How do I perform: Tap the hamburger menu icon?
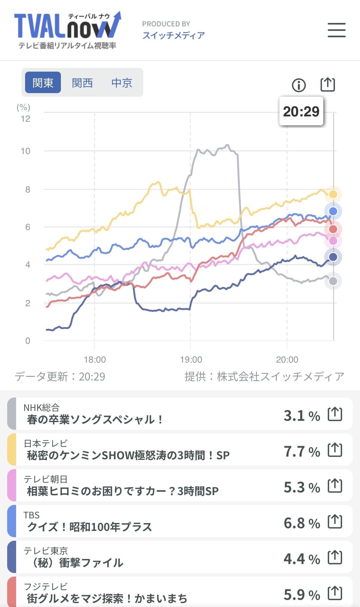pos(336,30)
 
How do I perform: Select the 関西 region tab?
pos(82,83)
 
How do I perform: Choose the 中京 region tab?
pos(122,83)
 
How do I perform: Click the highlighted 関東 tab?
pos(43,83)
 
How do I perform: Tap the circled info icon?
pos(299,85)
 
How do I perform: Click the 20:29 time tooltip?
pos(301,111)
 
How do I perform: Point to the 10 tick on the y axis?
pos(26,151)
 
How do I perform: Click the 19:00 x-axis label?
pos(191,360)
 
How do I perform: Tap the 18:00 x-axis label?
pos(95,360)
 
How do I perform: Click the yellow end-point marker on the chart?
pos(333,194)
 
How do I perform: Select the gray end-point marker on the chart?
pos(333,281)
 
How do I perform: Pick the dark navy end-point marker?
pos(333,257)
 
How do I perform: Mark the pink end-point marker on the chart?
pos(333,241)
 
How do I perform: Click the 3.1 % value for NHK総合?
pos(301,415)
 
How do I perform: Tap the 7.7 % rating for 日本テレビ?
pos(301,451)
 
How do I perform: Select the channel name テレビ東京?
pos(46,551)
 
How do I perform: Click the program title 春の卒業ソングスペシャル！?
pos(95,420)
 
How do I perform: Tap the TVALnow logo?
pos(68,30)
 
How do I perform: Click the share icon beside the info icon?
pos(327,85)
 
